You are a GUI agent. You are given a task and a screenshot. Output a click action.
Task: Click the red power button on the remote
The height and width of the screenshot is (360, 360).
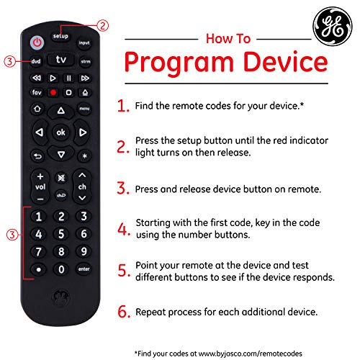coord(37,42)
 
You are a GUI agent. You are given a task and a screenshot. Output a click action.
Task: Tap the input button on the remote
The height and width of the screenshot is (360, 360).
coord(84,43)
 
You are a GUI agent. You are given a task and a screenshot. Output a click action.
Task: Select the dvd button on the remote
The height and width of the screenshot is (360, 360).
coord(36,62)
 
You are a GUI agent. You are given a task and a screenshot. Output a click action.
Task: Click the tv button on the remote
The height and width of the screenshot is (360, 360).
coord(60,60)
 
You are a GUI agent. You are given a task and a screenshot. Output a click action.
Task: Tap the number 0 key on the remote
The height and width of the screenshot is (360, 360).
coord(61,269)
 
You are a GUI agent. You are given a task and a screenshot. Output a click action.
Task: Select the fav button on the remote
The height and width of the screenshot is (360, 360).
coord(37,93)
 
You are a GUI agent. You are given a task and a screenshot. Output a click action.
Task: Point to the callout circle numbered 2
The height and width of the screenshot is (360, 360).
coord(104,25)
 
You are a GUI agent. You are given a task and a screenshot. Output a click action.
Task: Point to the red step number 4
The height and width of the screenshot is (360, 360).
coord(123,230)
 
